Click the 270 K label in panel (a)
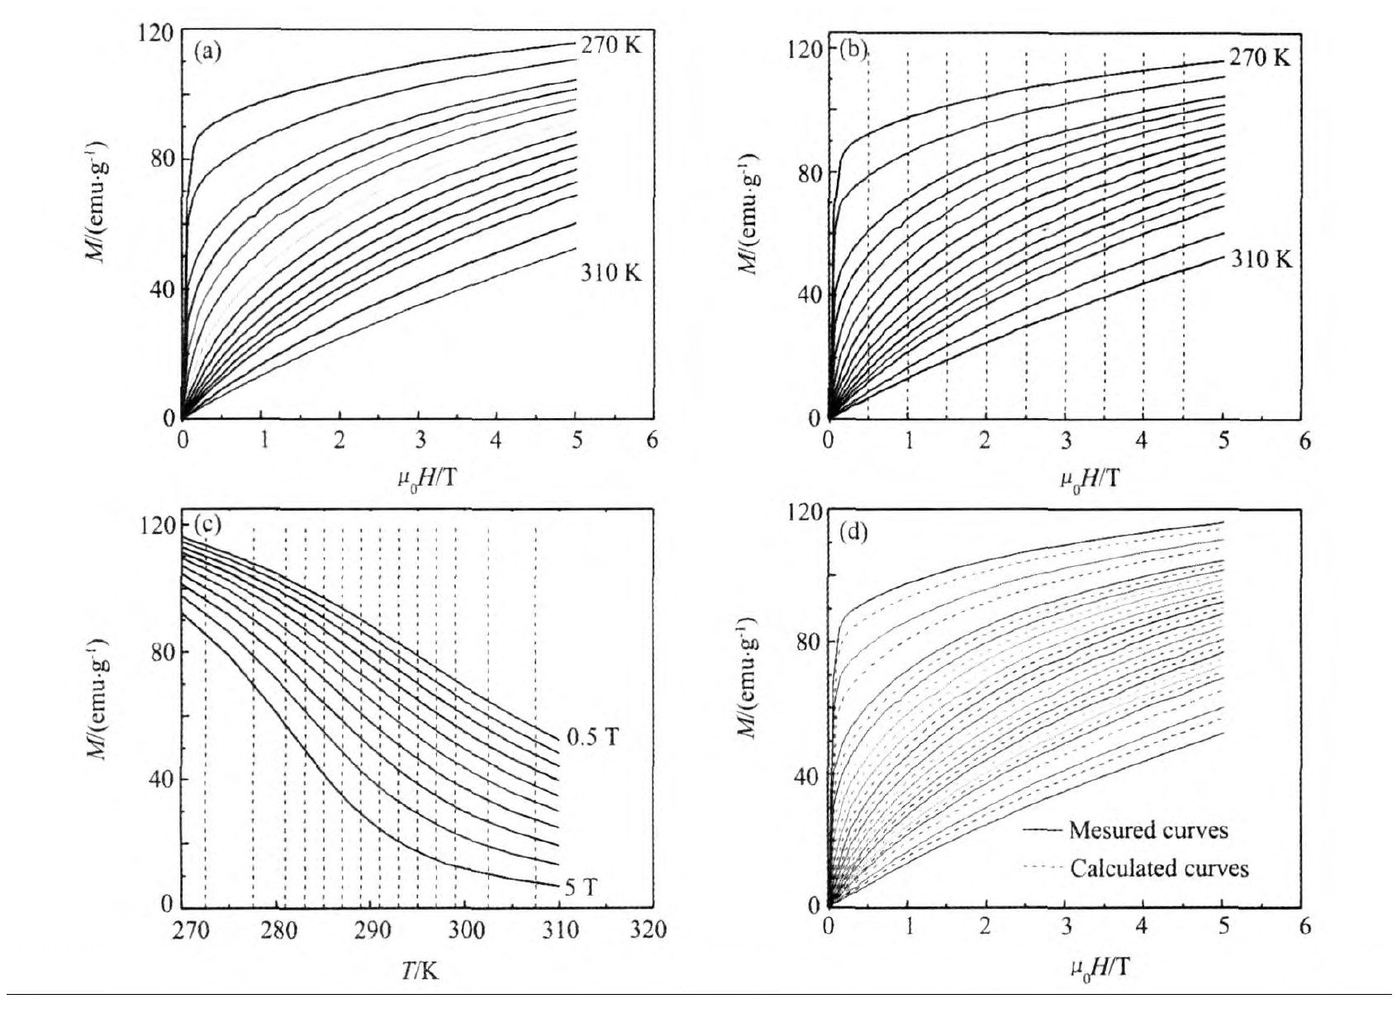[x=611, y=45]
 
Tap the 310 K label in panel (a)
[x=611, y=273]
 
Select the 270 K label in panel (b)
[x=1259, y=58]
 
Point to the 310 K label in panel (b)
[x=1262, y=259]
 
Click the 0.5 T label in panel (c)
[x=592, y=737]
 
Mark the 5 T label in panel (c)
[x=581, y=887]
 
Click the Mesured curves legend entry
[x=1148, y=830]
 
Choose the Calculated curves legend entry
[x=1159, y=868]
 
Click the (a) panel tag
[x=207, y=52]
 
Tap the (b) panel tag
[x=853, y=50]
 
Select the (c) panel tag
[x=207, y=524]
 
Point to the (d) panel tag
[x=853, y=532]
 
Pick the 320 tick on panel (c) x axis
[x=648, y=930]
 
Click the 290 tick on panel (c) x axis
[x=373, y=930]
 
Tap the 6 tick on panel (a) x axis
[x=652, y=440]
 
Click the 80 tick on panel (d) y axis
[x=808, y=642]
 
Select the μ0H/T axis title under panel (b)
[x=1090, y=478]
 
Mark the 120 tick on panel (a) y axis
[x=155, y=34]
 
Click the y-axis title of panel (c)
[x=99, y=698]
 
